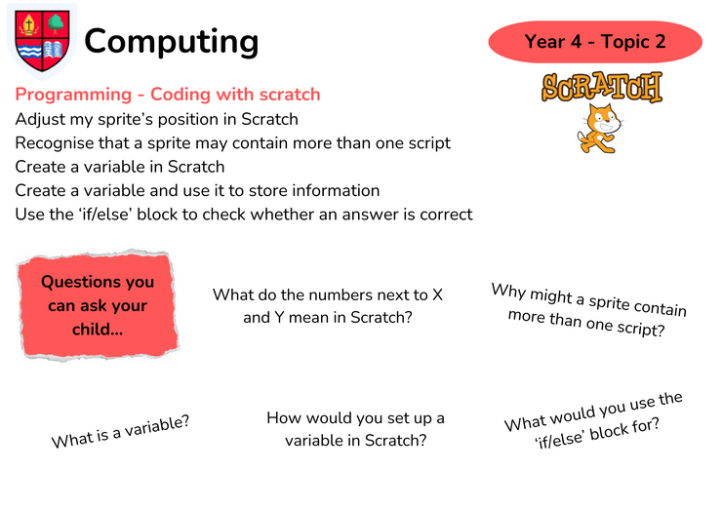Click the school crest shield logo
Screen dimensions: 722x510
42,41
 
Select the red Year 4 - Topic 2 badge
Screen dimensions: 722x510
595,41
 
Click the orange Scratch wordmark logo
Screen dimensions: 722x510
602,87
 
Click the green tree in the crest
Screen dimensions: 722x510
57,23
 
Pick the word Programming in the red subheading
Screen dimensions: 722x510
74,95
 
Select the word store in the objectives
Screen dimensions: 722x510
270,190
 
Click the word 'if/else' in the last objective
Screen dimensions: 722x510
99,215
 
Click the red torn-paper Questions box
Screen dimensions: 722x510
98,305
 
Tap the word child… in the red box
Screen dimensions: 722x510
98,330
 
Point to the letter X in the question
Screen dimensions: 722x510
437,295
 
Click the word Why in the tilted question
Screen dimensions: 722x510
508,292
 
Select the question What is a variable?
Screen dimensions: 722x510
120,431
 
